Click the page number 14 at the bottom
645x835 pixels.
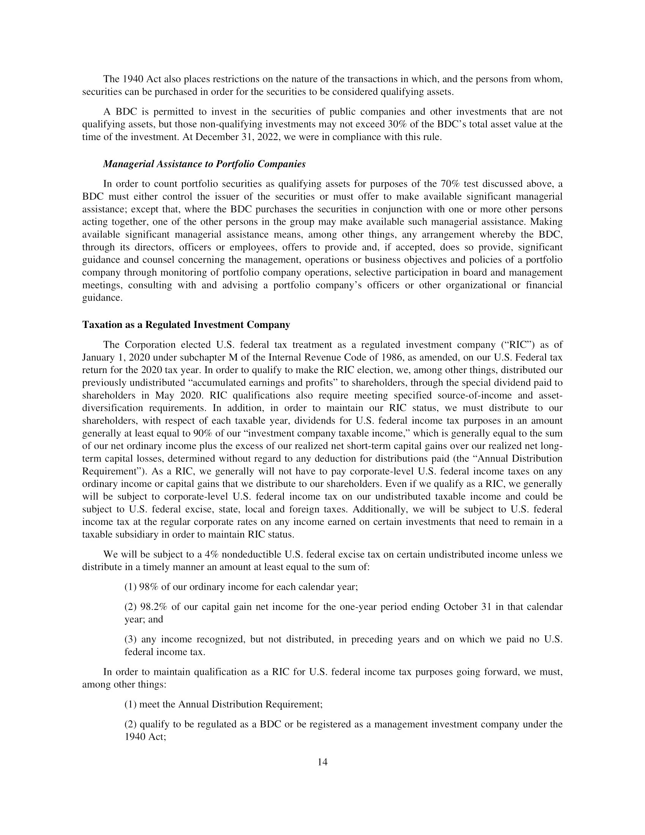click(x=322, y=763)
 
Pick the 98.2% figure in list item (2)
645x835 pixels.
click(x=153, y=607)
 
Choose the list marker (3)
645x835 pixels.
click(x=131, y=639)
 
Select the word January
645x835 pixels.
click(x=97, y=358)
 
